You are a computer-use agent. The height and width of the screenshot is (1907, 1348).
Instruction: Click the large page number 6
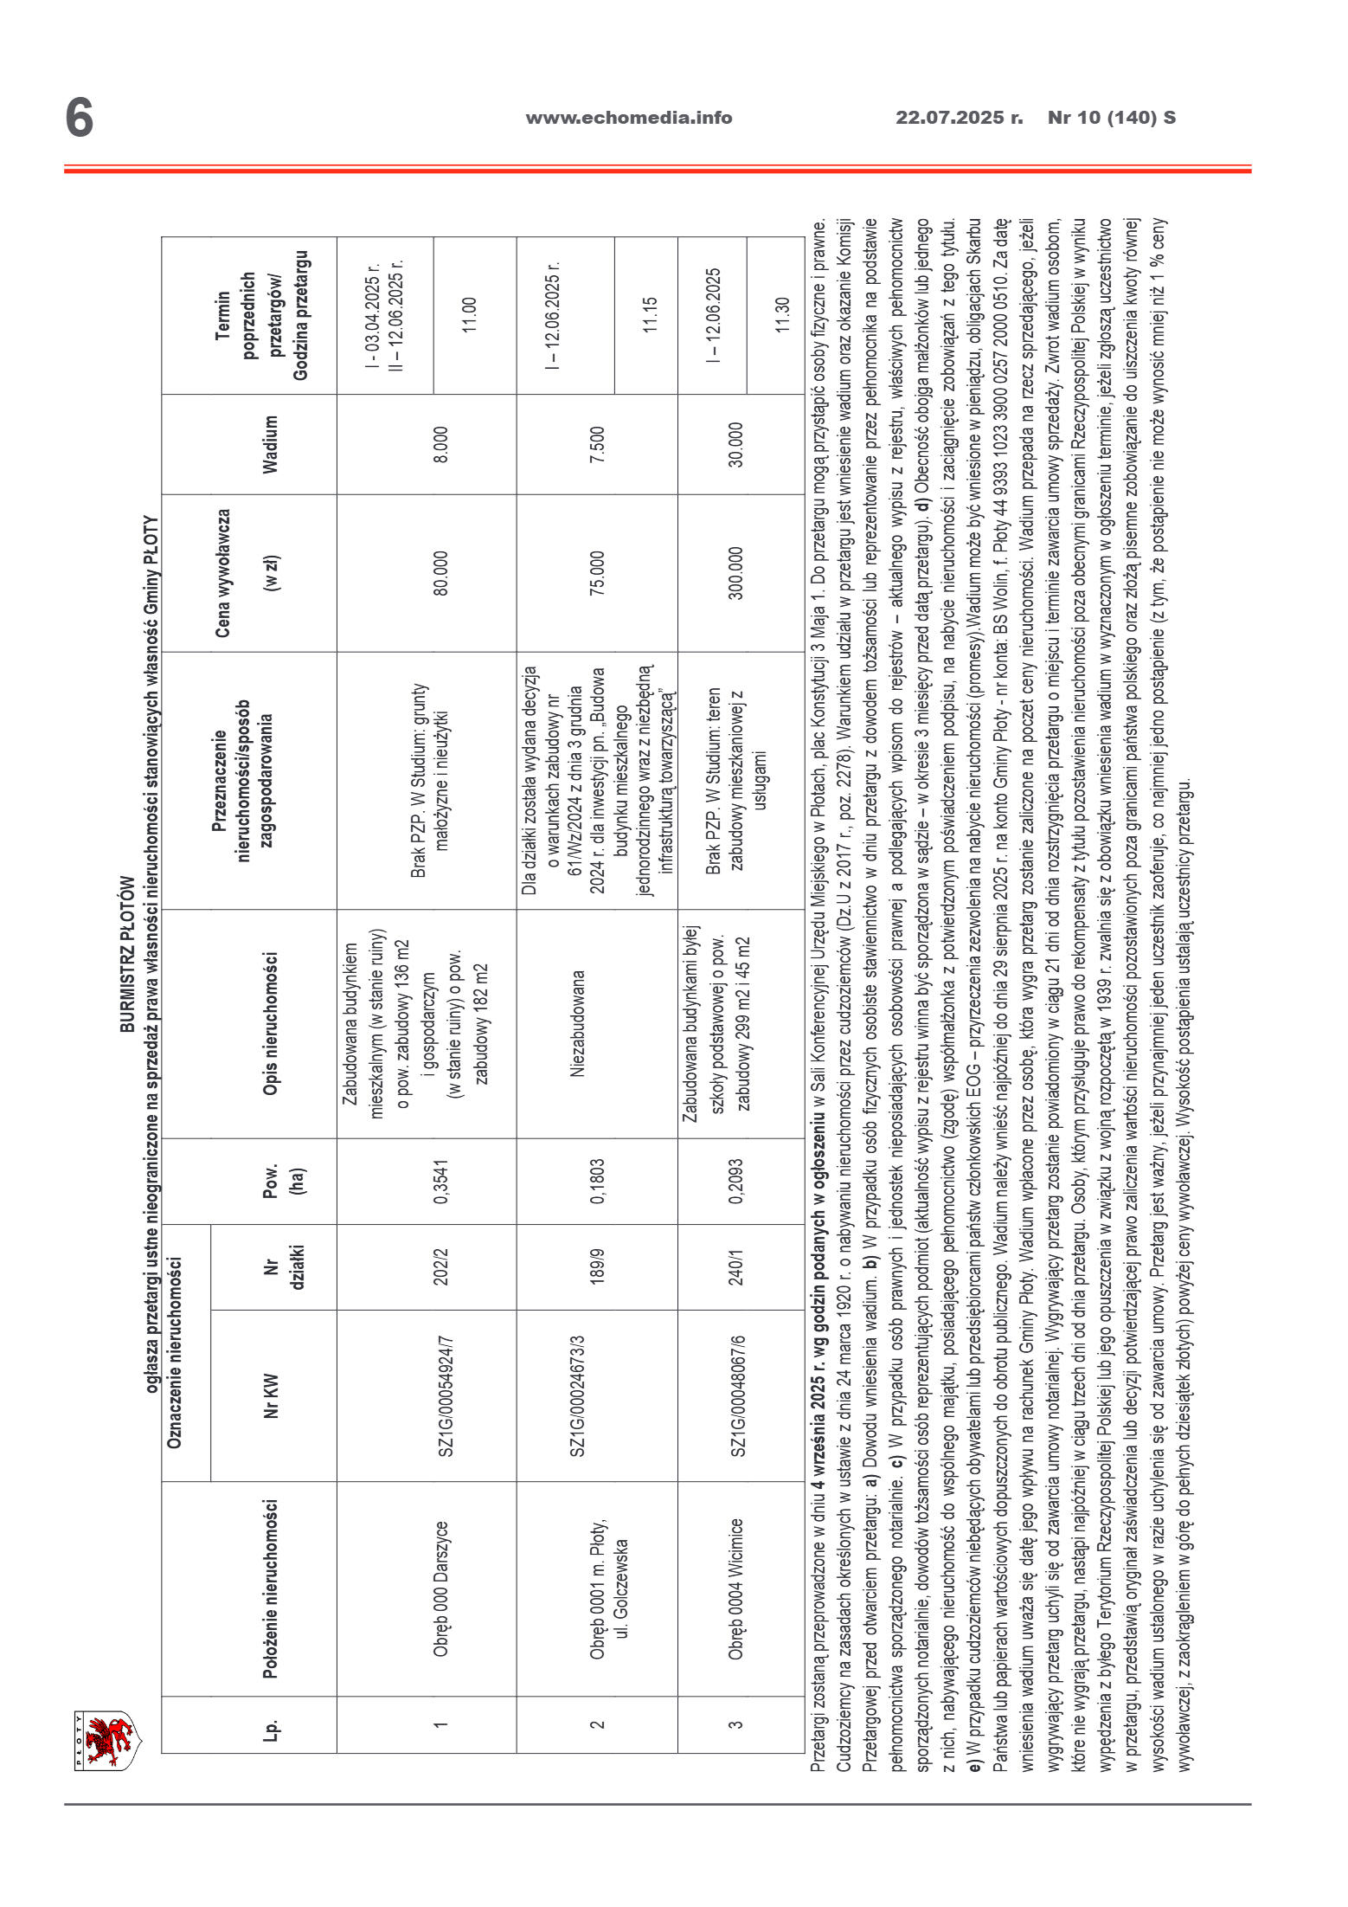(x=79, y=118)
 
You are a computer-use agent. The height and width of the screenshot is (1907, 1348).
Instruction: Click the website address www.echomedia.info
(x=628, y=118)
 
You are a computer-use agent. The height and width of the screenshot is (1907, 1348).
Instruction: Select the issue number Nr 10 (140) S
(x=1111, y=118)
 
